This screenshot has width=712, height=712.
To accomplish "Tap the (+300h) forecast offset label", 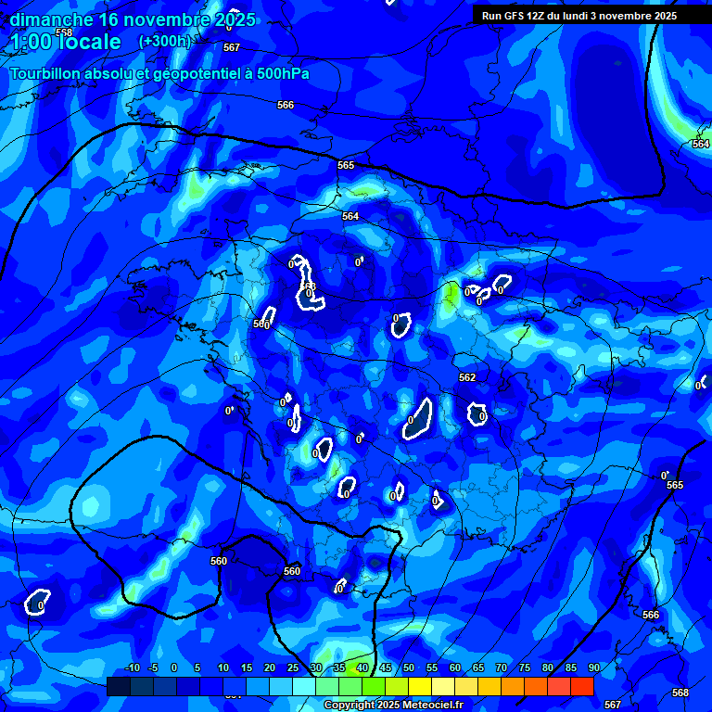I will [164, 41].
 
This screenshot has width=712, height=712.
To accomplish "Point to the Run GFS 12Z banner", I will [578, 16].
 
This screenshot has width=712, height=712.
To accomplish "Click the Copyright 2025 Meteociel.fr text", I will [392, 706].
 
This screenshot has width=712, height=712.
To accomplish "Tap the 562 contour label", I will [467, 377].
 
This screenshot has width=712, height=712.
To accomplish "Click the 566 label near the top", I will [286, 106].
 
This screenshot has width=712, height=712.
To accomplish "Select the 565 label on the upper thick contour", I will [346, 165].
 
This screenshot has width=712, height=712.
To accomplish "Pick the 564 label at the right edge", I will [701, 144].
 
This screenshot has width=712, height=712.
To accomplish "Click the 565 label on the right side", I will [675, 485].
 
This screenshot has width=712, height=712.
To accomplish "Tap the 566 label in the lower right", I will [651, 615].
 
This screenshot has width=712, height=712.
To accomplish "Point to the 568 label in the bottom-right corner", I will [680, 693].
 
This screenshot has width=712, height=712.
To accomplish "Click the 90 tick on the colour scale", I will [593, 667].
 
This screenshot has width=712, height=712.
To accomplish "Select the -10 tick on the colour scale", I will [132, 667].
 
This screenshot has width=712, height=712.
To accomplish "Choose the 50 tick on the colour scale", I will [409, 667].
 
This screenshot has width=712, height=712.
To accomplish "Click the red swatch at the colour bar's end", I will [581, 686].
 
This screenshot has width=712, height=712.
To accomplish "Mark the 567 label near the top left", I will [232, 47].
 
